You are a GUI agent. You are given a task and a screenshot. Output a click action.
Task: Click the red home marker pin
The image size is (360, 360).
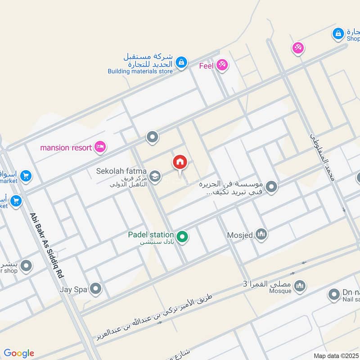click(x=180, y=162)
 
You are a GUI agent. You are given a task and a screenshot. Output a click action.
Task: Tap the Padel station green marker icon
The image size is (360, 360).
click(x=182, y=236)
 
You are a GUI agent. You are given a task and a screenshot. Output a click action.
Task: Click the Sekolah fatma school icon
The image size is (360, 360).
click(x=155, y=176)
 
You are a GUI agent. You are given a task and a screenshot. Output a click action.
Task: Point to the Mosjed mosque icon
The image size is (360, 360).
click(x=261, y=234)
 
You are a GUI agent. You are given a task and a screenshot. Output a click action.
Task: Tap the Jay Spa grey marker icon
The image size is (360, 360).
click(x=95, y=289)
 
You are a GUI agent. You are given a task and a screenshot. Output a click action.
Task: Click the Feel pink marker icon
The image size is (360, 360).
click(x=221, y=66)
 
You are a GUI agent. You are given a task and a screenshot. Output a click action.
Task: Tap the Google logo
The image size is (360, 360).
click(x=18, y=353)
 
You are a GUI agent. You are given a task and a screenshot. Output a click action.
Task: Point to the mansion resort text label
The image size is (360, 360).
click(x=66, y=147)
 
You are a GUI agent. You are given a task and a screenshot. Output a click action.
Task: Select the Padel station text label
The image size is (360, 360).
click(x=151, y=234)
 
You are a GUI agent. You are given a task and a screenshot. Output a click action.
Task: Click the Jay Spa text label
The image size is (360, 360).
click(x=72, y=289)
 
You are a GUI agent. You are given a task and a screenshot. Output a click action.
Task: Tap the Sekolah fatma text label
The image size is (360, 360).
click(x=121, y=171)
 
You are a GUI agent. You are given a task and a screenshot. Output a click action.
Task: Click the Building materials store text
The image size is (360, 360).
click(x=140, y=71)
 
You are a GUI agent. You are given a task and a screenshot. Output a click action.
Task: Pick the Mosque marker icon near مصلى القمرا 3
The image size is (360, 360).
click(x=300, y=286)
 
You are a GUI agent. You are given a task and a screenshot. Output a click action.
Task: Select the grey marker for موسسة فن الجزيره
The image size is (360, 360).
click(x=271, y=186)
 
